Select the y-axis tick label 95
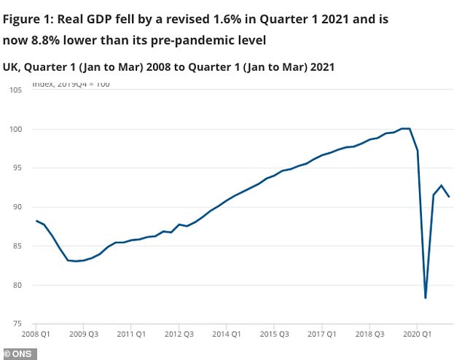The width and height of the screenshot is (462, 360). tap(16, 168)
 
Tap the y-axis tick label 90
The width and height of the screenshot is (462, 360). tap(16, 207)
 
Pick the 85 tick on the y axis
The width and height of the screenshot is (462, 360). tap(16, 246)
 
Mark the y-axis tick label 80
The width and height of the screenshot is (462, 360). tap(16, 285)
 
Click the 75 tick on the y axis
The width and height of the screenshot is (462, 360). tap(16, 324)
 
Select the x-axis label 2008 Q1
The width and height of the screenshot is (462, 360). tap(36, 335)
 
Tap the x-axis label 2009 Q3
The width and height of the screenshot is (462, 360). tap(83, 335)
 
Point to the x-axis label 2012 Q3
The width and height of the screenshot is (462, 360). tap(179, 335)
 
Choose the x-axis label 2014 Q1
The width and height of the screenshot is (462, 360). tap(226, 335)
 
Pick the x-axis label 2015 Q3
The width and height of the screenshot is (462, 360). tap(273, 335)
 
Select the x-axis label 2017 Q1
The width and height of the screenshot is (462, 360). tap(321, 335)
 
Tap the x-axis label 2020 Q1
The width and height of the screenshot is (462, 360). tap(416, 335)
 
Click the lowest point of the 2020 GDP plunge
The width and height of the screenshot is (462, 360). tap(425, 297)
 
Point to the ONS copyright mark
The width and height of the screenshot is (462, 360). tap(19, 353)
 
